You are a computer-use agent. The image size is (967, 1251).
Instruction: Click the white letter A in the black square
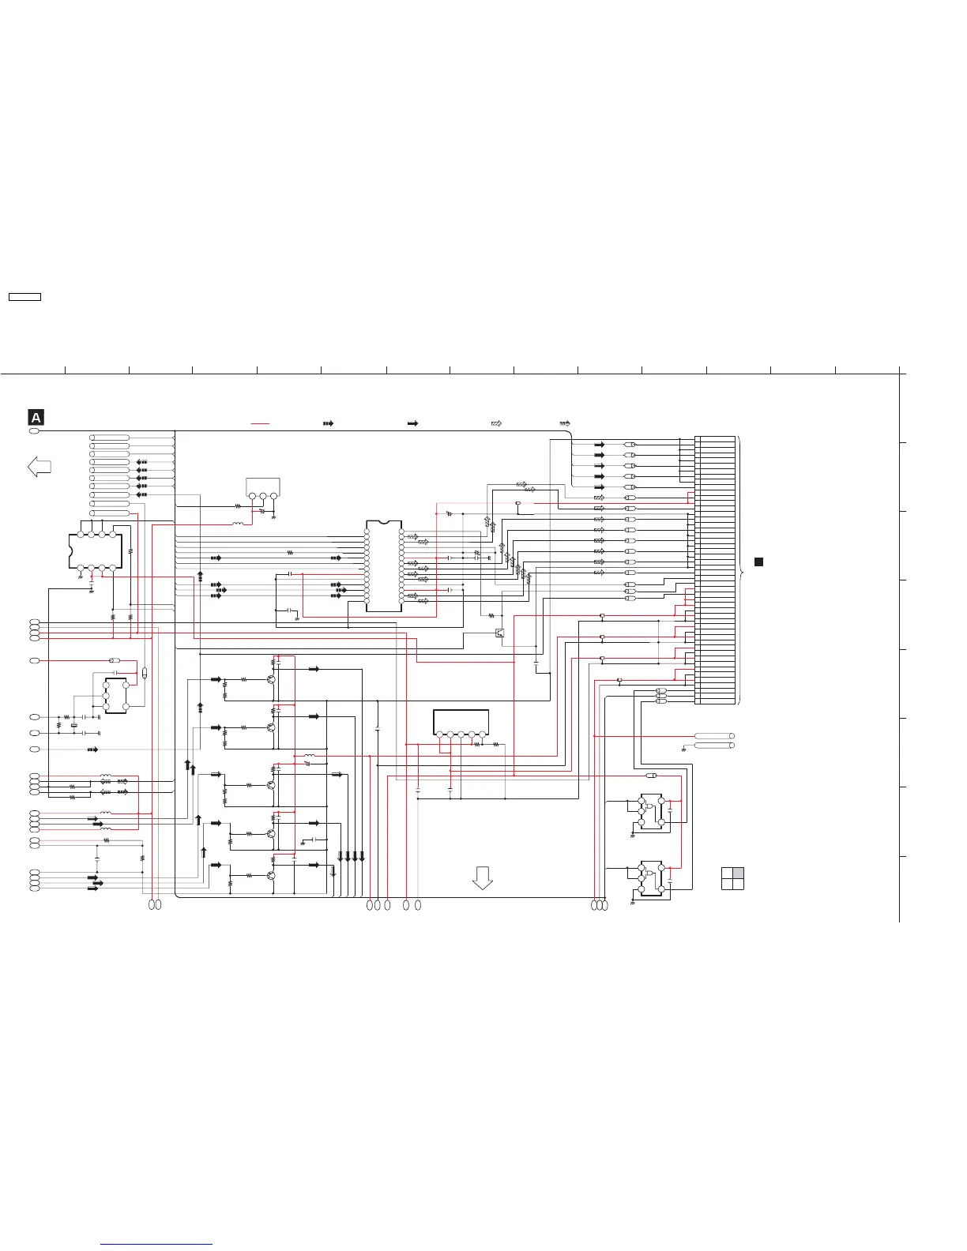(36, 418)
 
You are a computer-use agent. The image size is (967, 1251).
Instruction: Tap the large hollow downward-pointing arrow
(482, 877)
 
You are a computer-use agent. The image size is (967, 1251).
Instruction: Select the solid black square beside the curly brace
(758, 562)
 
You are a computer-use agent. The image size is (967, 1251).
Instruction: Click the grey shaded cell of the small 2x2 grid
(738, 873)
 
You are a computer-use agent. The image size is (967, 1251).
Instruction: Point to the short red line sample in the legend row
(260, 424)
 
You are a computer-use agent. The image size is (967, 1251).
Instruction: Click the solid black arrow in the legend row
(412, 424)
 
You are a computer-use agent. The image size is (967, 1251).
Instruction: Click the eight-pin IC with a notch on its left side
(96, 550)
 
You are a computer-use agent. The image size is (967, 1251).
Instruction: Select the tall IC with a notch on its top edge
(384, 565)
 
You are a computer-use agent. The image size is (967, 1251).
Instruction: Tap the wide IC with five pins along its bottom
(461, 723)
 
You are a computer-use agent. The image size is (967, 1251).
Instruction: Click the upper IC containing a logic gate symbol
(651, 812)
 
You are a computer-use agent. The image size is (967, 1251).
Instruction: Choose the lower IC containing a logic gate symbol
(651, 877)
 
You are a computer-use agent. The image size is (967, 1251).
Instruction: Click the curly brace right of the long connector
(741, 569)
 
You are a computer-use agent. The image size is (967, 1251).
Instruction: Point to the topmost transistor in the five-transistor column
(271, 678)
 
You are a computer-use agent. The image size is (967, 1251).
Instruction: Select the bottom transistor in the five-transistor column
(271, 875)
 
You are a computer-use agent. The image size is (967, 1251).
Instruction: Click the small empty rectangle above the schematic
(24, 297)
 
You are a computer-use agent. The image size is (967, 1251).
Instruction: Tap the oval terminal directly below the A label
(34, 431)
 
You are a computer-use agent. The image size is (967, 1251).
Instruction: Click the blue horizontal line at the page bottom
(157, 1244)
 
